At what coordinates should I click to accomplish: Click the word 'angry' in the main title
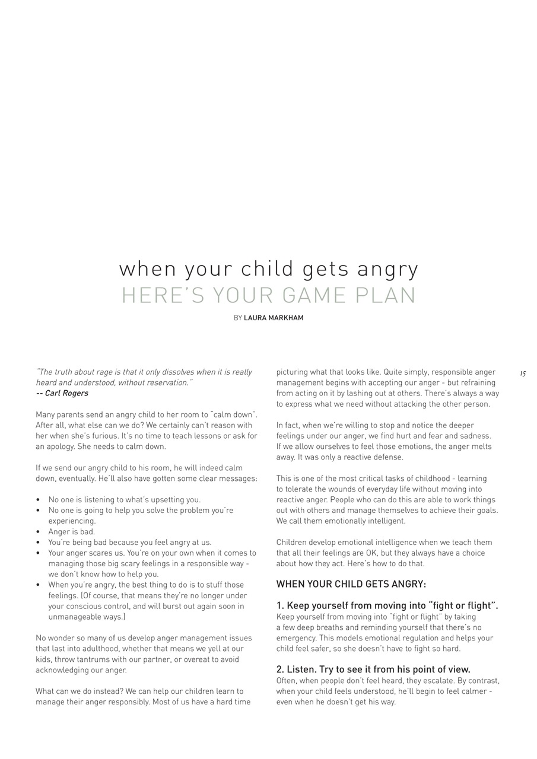coord(387,270)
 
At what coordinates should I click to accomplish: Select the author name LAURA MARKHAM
coord(274,318)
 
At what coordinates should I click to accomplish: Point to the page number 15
coord(522,374)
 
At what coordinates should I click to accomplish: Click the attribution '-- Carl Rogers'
coord(62,393)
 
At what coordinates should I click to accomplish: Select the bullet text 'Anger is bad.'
coord(71,531)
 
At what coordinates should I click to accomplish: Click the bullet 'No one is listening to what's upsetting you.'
coord(125,499)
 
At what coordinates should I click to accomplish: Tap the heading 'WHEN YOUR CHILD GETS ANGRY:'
coord(351,584)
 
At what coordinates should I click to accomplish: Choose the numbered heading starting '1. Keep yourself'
coord(387,605)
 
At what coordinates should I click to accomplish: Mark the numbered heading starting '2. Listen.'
coord(373,669)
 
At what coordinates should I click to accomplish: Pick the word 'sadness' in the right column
coord(476,436)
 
